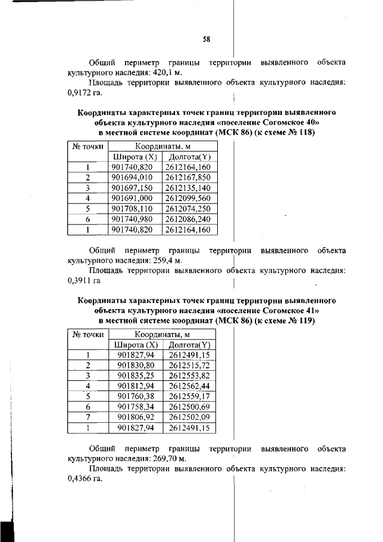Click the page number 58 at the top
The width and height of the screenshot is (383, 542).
206,40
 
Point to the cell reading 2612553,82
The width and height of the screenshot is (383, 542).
189,376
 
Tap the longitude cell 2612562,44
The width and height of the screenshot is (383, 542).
189,386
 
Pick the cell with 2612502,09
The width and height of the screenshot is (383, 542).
189,417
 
